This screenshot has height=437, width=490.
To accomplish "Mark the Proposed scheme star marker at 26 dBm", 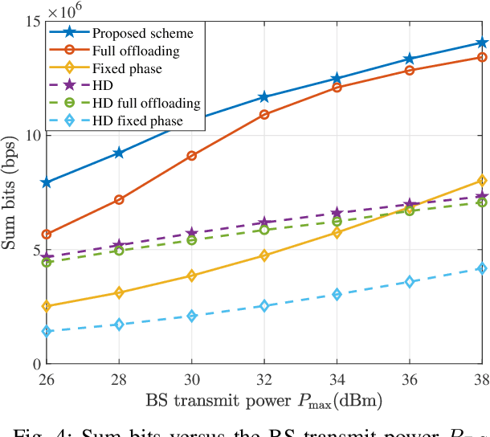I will (47, 182).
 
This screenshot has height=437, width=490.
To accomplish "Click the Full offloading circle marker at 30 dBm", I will (191, 155).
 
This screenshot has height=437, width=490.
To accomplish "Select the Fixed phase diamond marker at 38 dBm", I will (481, 180).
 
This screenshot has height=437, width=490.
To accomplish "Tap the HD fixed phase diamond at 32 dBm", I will (264, 306).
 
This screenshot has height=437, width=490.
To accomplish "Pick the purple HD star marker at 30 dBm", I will (191, 233).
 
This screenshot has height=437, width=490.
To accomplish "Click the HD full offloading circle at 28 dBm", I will (119, 251).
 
